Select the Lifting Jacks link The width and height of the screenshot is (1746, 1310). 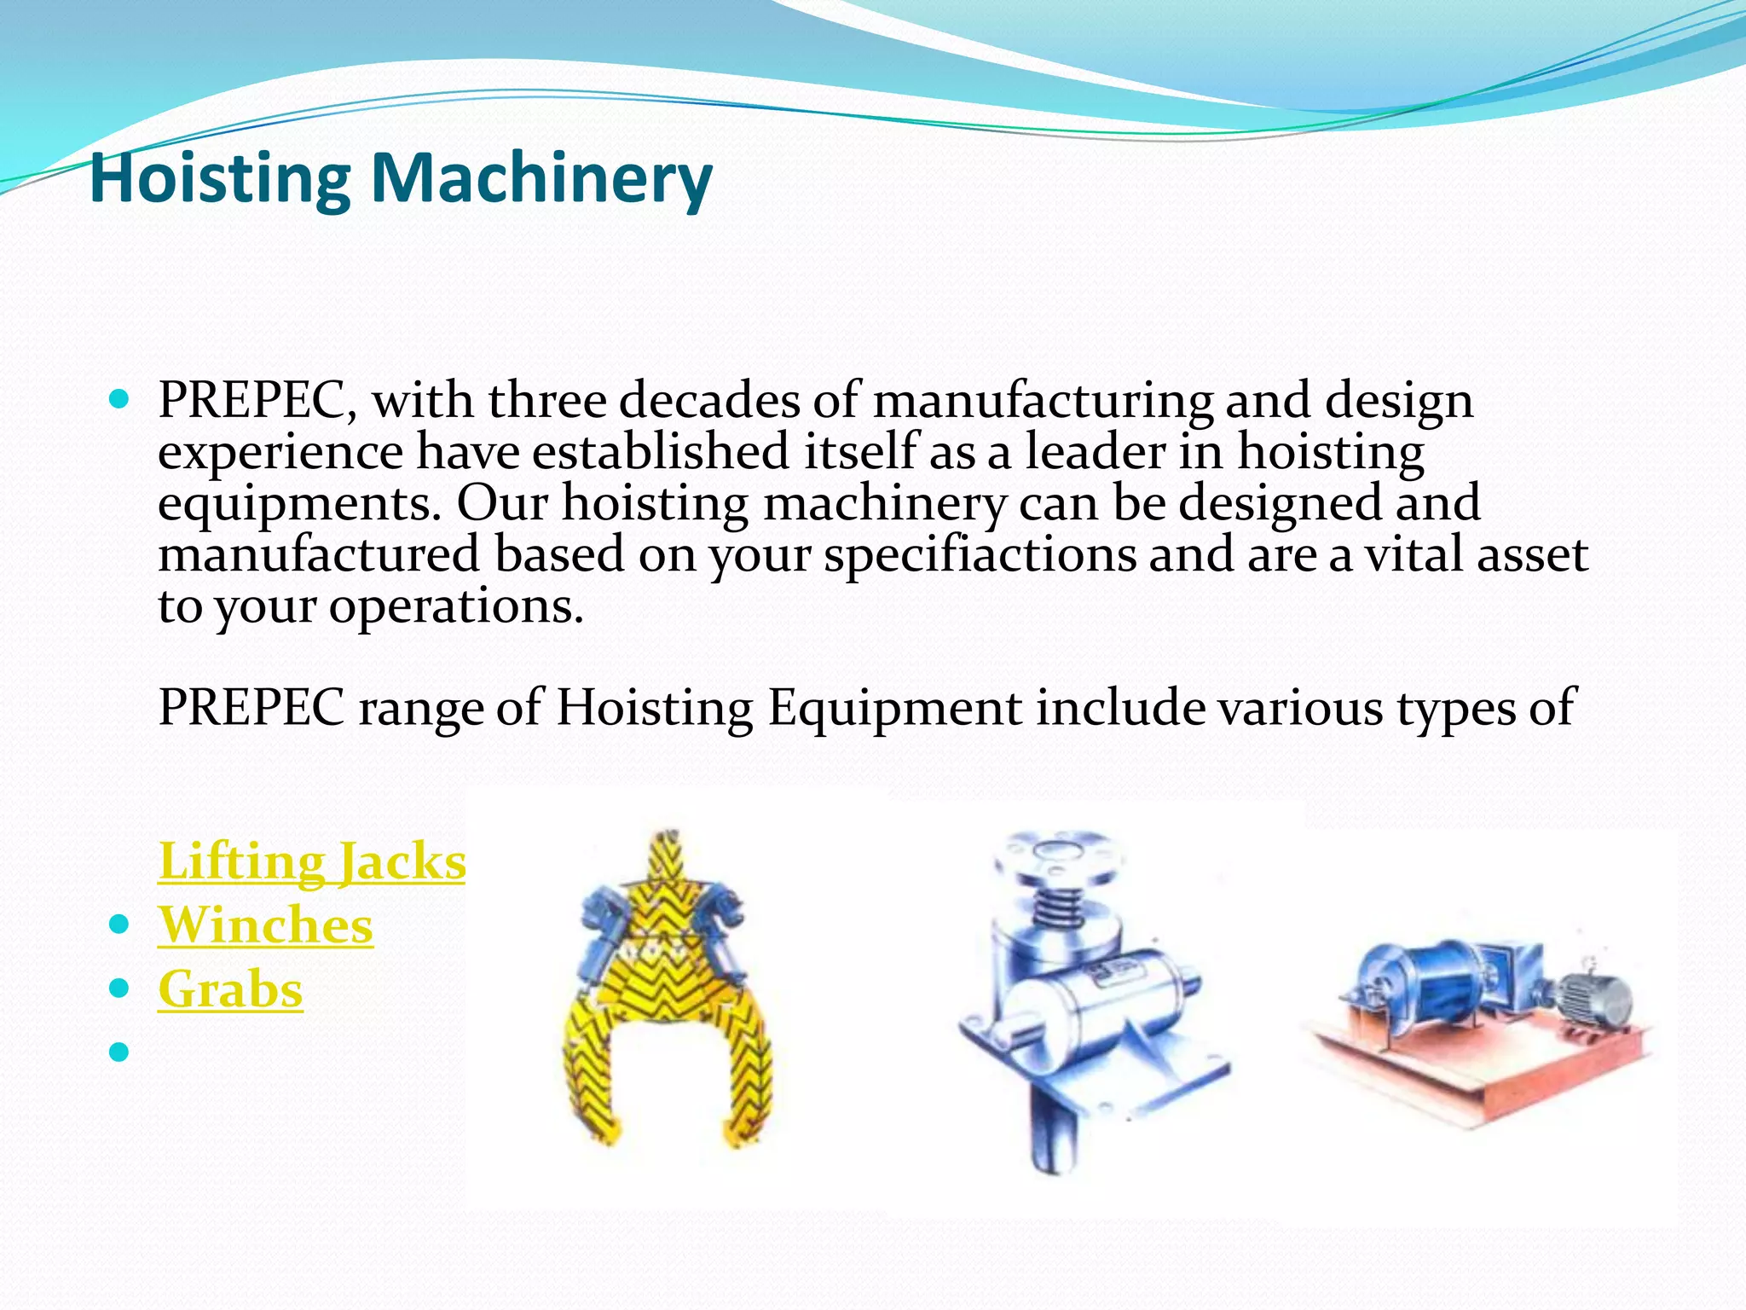point(312,861)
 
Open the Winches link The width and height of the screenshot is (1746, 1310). point(265,925)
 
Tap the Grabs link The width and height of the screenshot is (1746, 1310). point(230,989)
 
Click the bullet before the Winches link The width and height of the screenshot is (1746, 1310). point(119,925)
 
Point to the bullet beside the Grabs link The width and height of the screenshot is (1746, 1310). point(119,988)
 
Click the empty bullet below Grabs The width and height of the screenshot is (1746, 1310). point(119,1052)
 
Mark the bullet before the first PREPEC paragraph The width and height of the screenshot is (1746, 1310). point(119,398)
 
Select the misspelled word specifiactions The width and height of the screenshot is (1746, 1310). point(980,555)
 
